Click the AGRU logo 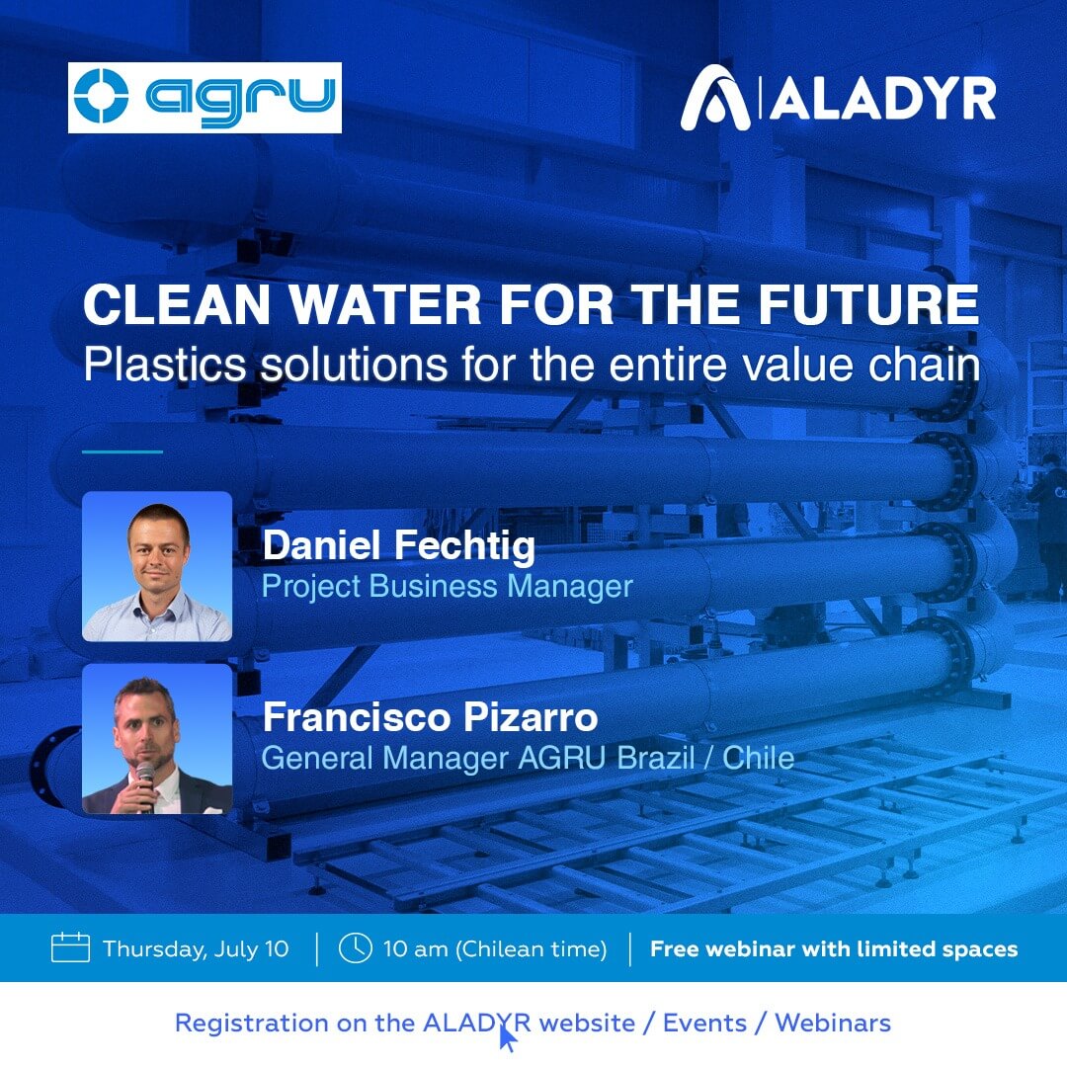(x=205, y=97)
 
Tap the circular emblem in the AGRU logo (x=101, y=96)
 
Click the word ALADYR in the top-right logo (x=883, y=100)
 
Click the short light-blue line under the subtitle (x=123, y=451)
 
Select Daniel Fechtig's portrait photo (x=157, y=566)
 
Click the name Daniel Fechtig (x=399, y=546)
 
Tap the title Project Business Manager (x=448, y=587)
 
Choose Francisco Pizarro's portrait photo (x=157, y=739)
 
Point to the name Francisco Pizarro (x=430, y=717)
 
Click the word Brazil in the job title (x=655, y=758)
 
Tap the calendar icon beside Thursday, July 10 (x=70, y=947)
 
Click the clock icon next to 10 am (x=356, y=947)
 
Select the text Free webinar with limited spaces (x=834, y=948)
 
